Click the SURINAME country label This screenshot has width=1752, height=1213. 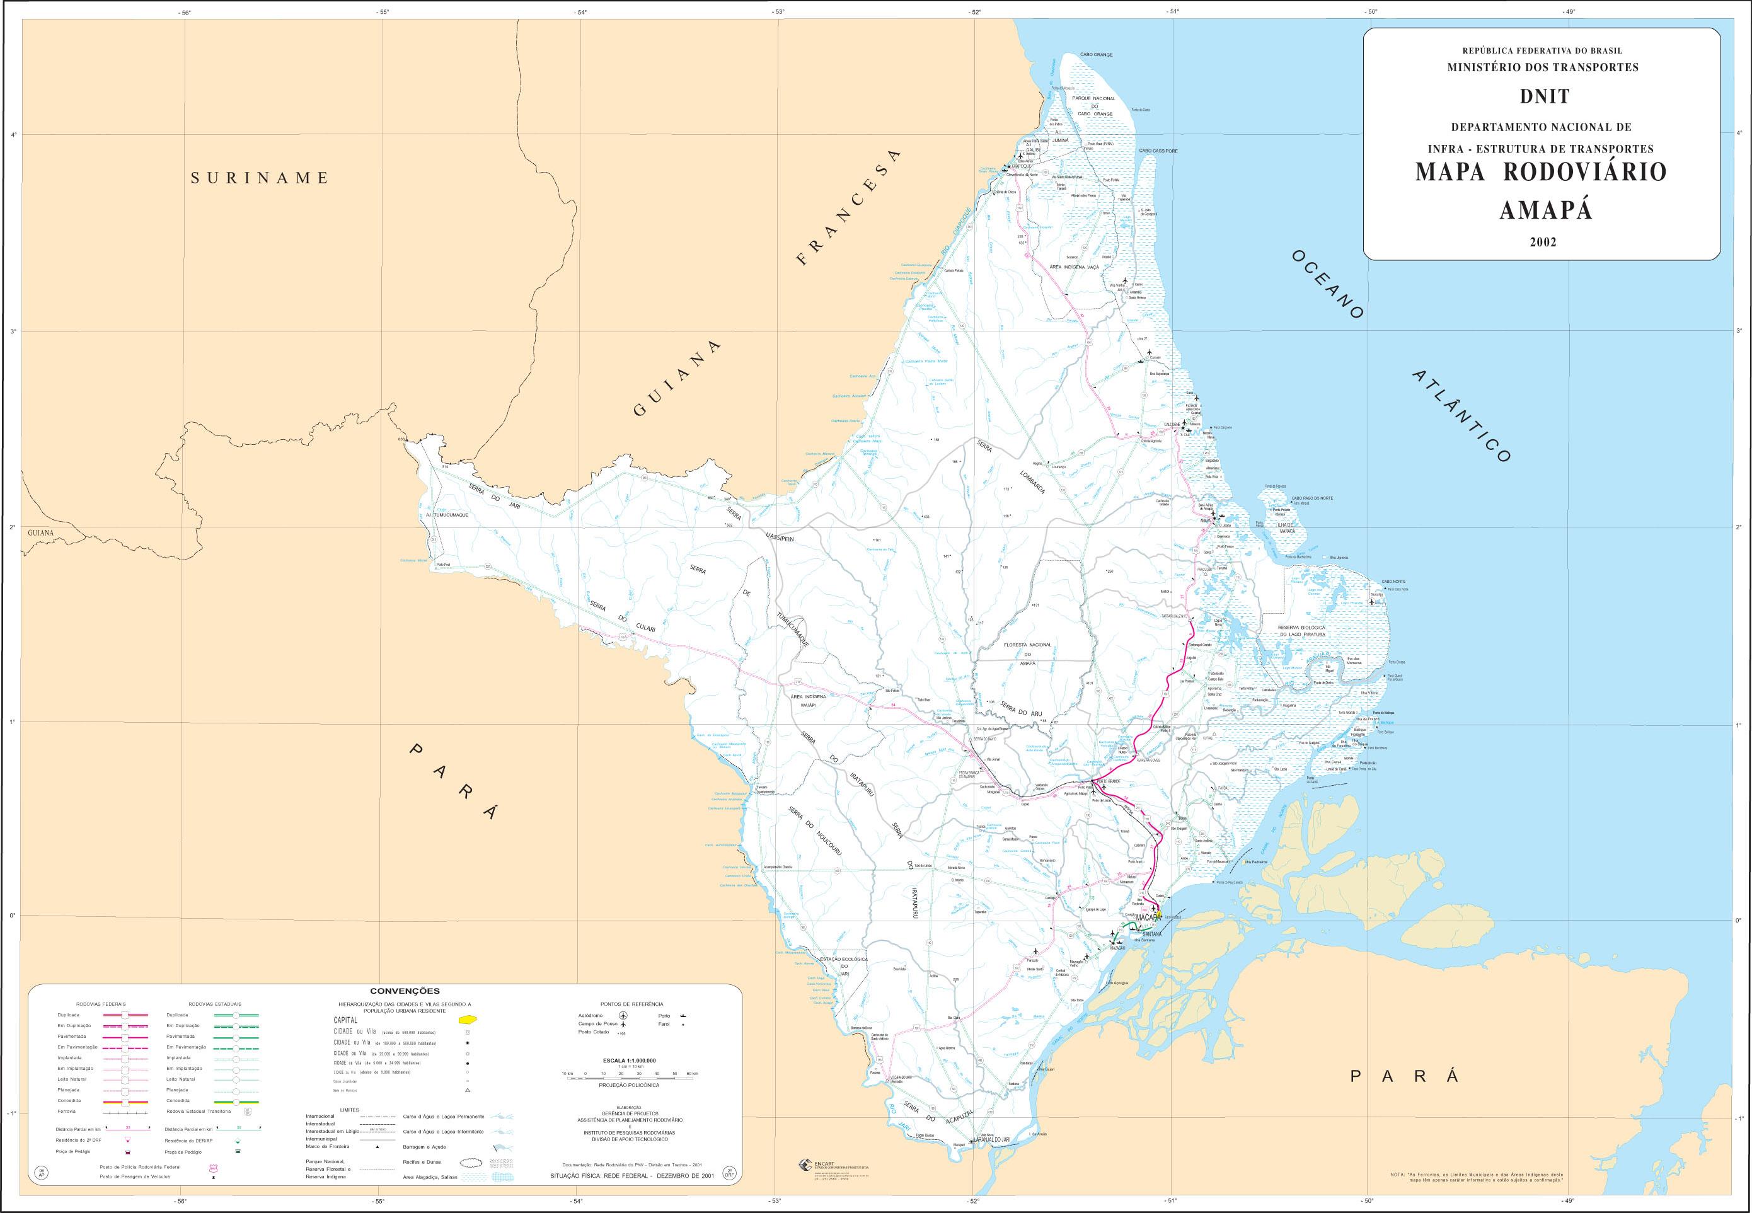(x=259, y=178)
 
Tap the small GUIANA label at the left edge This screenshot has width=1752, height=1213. (x=40, y=533)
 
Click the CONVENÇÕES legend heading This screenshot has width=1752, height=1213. (x=405, y=991)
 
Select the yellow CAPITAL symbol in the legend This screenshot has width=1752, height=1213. (x=469, y=1019)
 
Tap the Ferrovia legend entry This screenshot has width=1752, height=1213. (x=66, y=1111)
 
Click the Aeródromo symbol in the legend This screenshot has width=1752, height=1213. (x=623, y=1015)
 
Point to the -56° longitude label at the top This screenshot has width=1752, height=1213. (x=183, y=12)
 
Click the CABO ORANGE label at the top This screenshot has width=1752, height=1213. (x=1096, y=55)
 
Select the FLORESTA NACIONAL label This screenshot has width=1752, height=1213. (x=1027, y=645)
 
